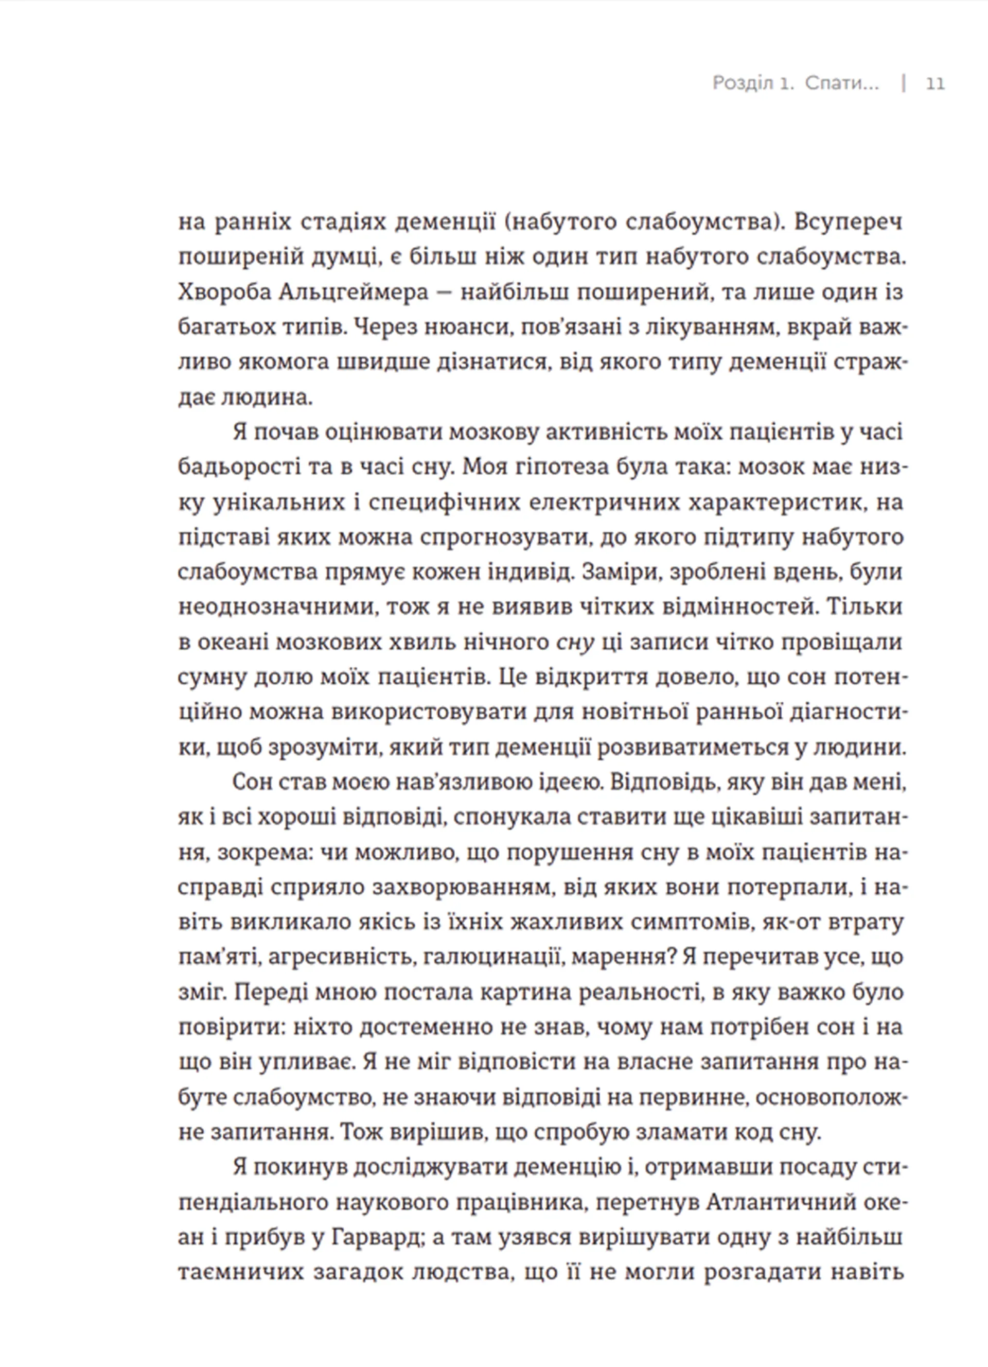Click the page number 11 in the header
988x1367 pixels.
935,83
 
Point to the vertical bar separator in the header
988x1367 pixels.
904,83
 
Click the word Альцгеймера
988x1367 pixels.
355,292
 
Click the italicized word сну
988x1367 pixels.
575,642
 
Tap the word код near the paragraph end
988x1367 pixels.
751,1133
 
